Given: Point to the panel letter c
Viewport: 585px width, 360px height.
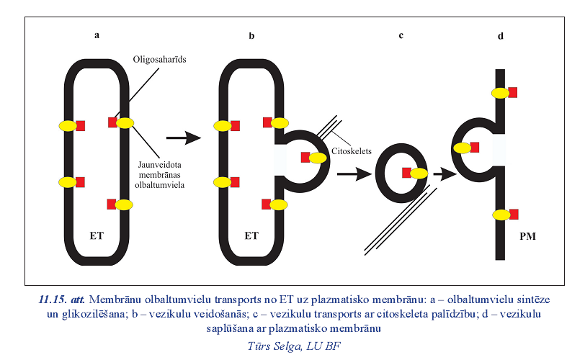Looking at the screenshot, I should coord(401,35).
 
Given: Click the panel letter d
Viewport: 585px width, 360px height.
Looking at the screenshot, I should coord(500,35).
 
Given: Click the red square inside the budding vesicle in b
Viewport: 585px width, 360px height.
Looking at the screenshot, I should coord(305,157).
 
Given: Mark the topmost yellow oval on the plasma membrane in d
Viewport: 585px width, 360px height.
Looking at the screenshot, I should coord(500,92).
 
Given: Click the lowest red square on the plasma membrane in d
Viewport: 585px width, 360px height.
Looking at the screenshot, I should coord(512,213).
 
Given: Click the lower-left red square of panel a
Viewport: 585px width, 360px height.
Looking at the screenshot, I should coord(80,181).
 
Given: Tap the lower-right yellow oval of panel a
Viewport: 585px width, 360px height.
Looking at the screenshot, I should coord(123,204).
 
